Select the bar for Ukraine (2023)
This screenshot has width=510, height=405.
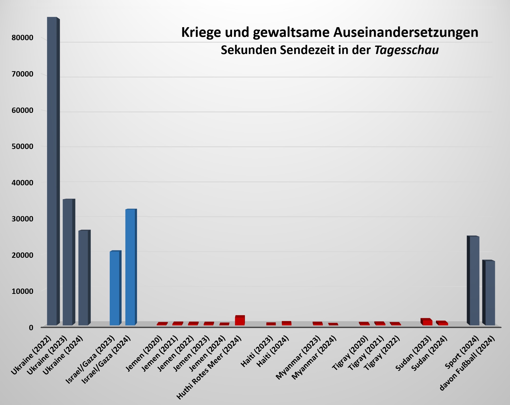pyautogui.click(x=68, y=262)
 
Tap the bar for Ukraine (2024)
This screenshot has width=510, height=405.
pyautogui.click(x=83, y=278)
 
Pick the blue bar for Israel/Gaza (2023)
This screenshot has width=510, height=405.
pyautogui.click(x=115, y=288)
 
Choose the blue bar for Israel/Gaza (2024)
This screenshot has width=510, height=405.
pyautogui.click(x=130, y=267)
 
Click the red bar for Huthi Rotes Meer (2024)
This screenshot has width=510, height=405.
pyautogui.click(x=240, y=321)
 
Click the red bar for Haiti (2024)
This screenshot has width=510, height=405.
pyautogui.click(x=286, y=324)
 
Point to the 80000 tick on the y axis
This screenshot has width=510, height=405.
pyautogui.click(x=23, y=38)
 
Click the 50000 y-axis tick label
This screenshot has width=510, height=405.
pyautogui.click(x=23, y=146)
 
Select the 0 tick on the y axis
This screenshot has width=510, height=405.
pyautogui.click(x=31, y=328)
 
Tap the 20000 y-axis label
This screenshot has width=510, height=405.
pyautogui.click(x=23, y=255)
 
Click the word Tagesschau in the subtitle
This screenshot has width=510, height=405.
pyautogui.click(x=407, y=50)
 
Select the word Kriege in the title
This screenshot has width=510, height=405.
pyautogui.click(x=201, y=33)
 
